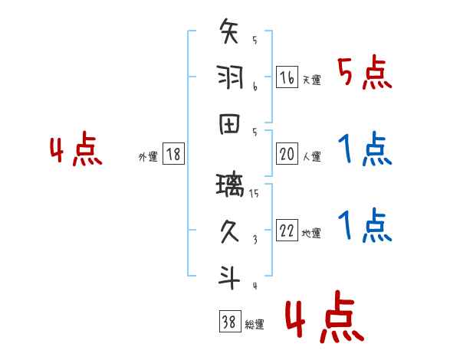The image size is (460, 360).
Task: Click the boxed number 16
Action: pos(287,77)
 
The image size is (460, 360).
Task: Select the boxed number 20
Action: pos(287,154)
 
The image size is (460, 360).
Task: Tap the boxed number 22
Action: pos(287,231)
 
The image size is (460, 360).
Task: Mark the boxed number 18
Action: pos(172,154)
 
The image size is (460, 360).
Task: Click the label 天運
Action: pos(311,80)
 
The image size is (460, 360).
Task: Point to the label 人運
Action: pos(311,156)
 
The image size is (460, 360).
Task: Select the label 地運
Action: pos(311,233)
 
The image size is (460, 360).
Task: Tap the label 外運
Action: pos(148,156)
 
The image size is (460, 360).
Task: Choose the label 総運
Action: pos(255,324)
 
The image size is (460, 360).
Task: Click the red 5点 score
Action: pos(365,74)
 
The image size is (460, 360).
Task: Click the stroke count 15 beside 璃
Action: pos(255,193)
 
